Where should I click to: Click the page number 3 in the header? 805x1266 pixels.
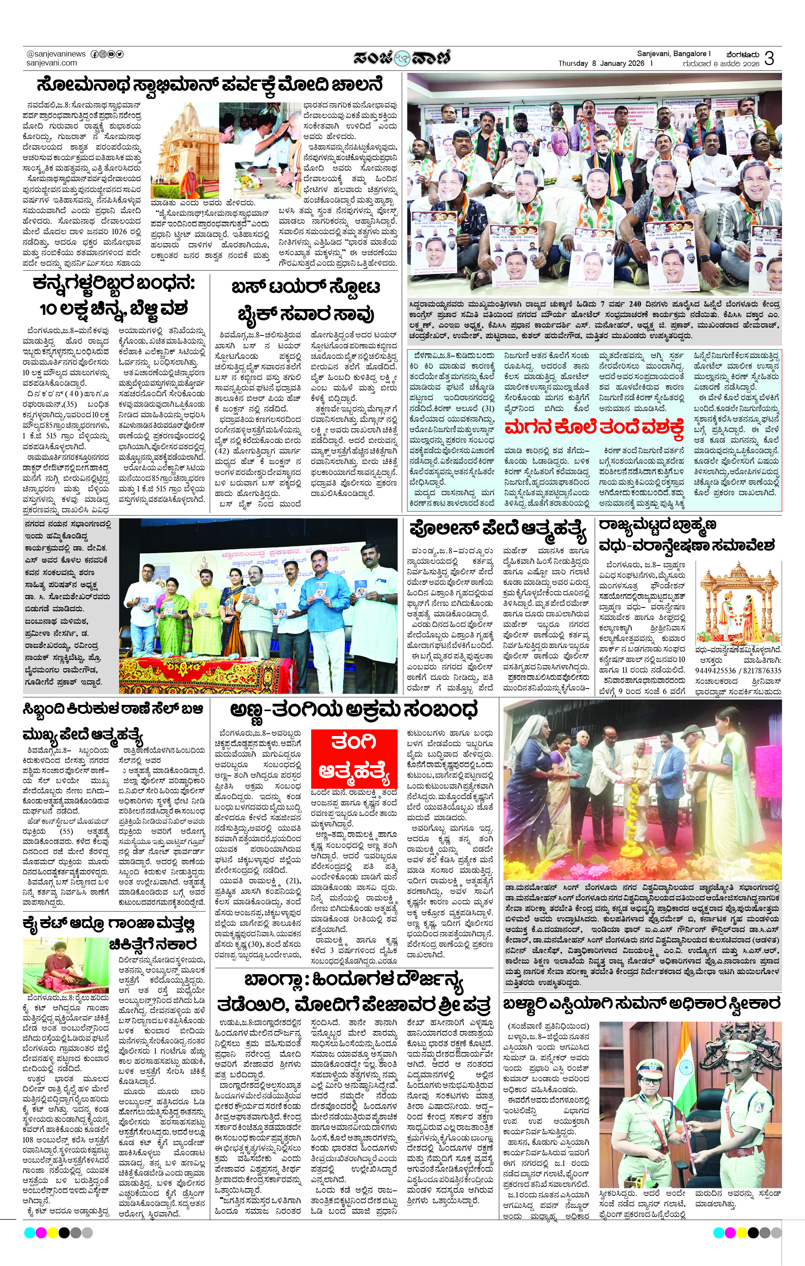point(769,58)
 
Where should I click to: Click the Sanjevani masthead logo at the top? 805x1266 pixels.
point(402,57)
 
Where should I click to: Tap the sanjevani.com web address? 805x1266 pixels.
point(51,63)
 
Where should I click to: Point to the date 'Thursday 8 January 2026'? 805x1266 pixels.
point(601,64)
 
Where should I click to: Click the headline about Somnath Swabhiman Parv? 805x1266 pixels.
point(210,84)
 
